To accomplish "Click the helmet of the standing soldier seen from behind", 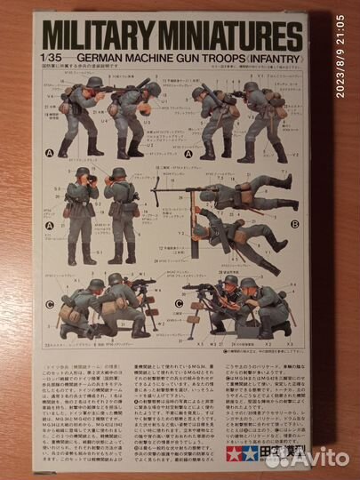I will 119,172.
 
